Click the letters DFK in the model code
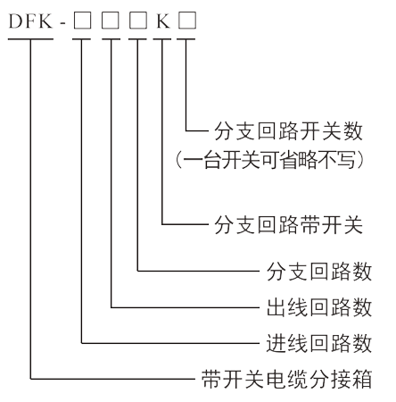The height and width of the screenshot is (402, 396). [x=30, y=21]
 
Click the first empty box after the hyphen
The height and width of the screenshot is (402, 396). [x=82, y=21]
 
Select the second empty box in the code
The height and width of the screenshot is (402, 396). [x=111, y=21]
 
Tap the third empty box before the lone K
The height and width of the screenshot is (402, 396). [x=138, y=21]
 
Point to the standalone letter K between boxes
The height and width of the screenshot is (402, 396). [x=163, y=21]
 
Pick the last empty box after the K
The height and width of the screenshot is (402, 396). [x=187, y=21]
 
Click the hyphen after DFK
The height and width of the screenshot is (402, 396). [x=62, y=22]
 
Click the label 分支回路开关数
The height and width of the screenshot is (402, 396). [x=288, y=131]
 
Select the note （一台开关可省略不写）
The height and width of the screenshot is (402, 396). [x=270, y=160]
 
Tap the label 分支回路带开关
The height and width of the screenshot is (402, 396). [x=288, y=224]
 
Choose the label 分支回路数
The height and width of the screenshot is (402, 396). [x=319, y=271]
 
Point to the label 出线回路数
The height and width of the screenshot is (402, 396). [x=319, y=307]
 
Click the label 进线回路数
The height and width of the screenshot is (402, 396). [x=319, y=343]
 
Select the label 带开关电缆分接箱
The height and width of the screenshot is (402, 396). [x=287, y=379]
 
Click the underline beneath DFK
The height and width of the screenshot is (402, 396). [x=30, y=38]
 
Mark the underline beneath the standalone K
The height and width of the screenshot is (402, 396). [x=162, y=38]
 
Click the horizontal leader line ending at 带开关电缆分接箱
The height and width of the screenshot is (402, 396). [x=112, y=379]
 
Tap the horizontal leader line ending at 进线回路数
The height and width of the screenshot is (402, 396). [x=170, y=343]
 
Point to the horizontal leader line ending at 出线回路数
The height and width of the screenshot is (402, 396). [x=186, y=307]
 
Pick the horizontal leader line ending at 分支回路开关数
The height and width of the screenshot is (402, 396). [x=197, y=130]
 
